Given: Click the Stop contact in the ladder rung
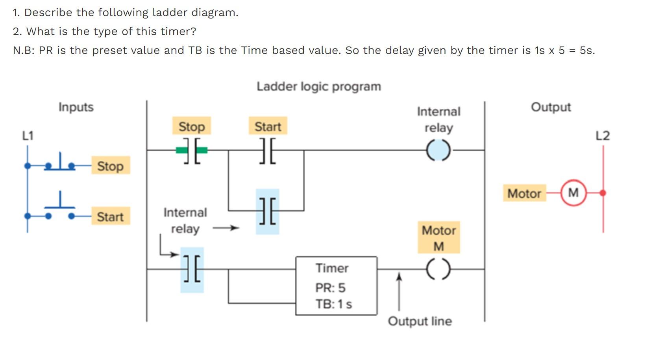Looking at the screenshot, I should tap(192, 150).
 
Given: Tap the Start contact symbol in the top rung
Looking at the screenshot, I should tap(268, 150).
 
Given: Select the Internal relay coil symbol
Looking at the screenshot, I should tap(438, 150).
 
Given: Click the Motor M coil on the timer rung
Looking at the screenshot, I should tap(438, 269).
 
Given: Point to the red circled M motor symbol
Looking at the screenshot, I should tap(573, 193).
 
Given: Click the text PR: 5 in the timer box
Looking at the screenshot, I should tap(330, 288).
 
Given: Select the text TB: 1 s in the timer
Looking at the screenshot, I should tap(333, 304).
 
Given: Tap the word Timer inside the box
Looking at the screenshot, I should tap(332, 268).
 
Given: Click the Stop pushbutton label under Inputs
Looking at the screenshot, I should tap(110, 166).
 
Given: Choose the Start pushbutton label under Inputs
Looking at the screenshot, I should tap(110, 217).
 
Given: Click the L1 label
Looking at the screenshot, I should tap(28, 136).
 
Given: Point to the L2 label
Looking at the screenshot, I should tap(602, 136).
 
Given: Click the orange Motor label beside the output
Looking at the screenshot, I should tap(524, 193).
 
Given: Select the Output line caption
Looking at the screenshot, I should tap(420, 321).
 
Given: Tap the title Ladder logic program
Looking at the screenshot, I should tap(318, 87).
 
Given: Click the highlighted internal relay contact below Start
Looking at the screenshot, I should tap(268, 211).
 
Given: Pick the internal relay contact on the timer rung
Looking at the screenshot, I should tap(192, 269).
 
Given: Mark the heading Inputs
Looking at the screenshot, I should tap(76, 107).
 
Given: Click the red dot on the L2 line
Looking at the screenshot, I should tap(603, 193).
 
